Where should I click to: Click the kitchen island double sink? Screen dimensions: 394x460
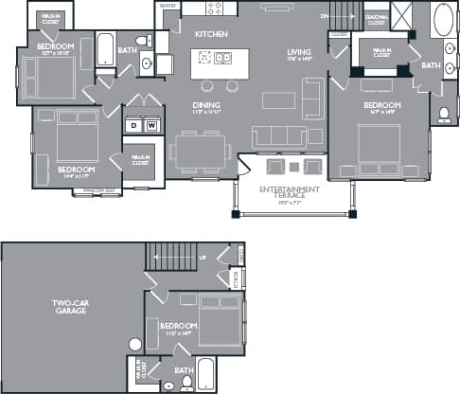coord(221,60)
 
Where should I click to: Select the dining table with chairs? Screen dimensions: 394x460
coord(201,149)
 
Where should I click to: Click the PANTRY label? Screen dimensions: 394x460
coord(168,6)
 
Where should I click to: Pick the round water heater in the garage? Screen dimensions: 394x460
coord(135,344)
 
